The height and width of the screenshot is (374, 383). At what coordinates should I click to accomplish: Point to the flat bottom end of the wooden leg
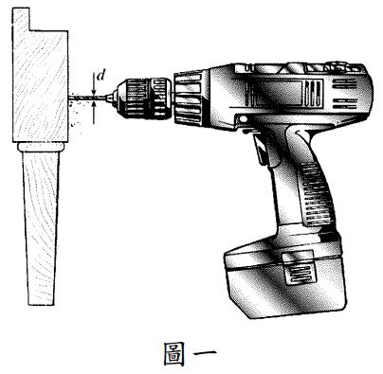(39, 304)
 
